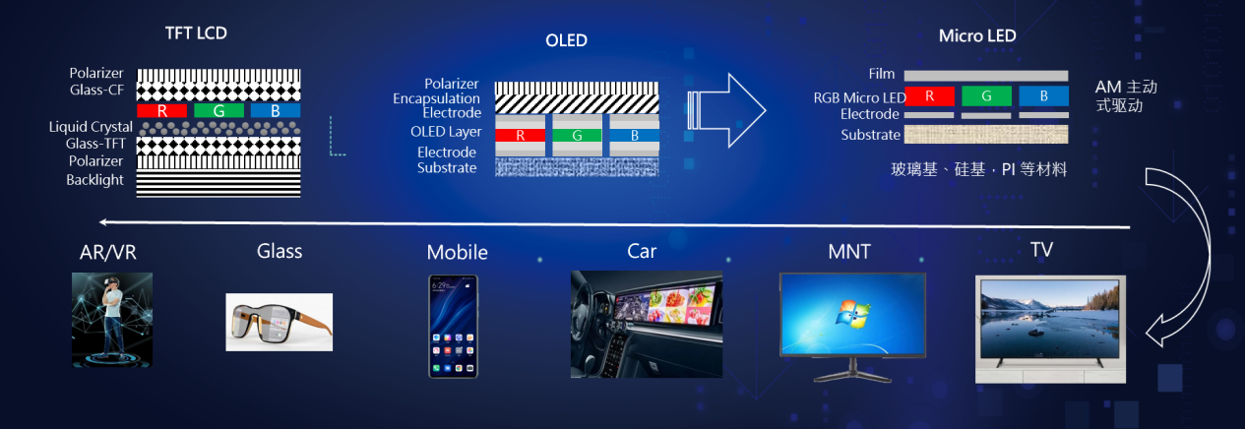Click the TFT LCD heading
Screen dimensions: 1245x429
[196, 33]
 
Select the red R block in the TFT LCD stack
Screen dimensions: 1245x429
[161, 110]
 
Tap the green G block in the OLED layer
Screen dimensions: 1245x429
[577, 135]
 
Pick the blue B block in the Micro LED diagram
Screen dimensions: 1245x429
[1043, 96]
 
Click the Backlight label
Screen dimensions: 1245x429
[94, 180]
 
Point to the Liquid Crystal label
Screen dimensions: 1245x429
[91, 127]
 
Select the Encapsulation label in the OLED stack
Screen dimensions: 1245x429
[436, 98]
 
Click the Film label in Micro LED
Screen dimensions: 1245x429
[882, 74]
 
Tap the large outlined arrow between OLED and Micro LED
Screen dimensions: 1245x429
[727, 110]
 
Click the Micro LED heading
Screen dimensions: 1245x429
[977, 36]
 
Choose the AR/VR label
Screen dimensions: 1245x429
[108, 252]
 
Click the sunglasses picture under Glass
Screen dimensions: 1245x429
[279, 323]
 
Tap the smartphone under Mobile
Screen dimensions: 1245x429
[453, 327]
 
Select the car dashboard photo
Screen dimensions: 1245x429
[647, 325]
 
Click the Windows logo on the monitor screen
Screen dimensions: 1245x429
[853, 314]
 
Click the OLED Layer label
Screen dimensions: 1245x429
[446, 132]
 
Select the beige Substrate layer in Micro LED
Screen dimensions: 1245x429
[986, 135]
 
